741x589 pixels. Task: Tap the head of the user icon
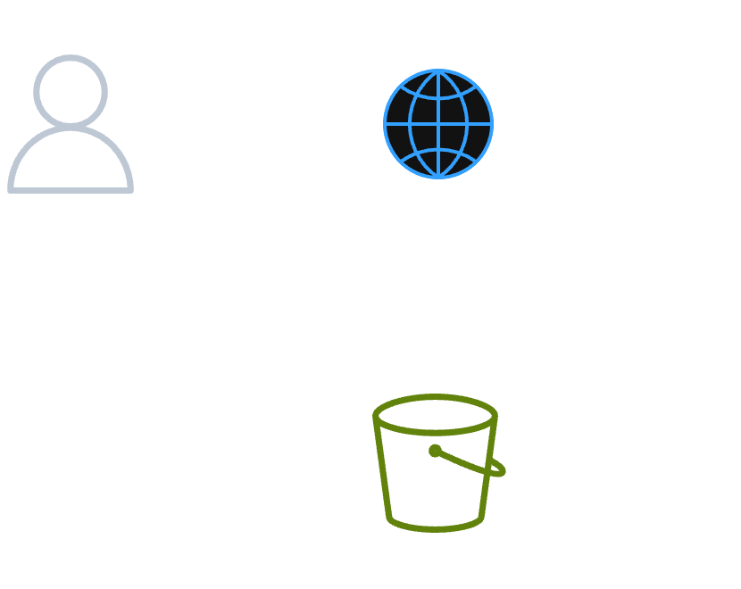click(x=71, y=90)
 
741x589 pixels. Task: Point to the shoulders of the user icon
click(x=71, y=161)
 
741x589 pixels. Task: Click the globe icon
click(x=438, y=124)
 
